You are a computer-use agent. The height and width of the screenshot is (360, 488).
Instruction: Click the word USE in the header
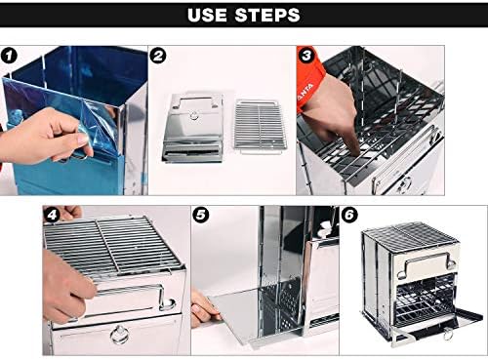[207, 15]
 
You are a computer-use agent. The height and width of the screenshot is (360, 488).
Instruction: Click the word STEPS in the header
[267, 15]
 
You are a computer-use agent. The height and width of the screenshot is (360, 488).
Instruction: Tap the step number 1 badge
[9, 56]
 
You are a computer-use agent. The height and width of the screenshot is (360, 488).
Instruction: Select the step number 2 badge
[158, 56]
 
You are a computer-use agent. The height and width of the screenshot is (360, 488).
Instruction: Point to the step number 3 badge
[306, 56]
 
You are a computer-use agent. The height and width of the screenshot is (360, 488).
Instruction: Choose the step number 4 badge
[52, 215]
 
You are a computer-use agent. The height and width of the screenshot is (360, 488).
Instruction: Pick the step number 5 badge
[201, 215]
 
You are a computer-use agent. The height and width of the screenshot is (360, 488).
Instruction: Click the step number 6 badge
[349, 215]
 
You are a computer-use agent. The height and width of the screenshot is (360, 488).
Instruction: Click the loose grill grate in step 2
[260, 125]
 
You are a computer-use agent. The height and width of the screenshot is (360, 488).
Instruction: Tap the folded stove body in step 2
[194, 128]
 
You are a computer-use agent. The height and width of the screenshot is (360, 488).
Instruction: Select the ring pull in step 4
[120, 334]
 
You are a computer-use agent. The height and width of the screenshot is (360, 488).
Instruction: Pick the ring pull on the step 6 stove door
[448, 334]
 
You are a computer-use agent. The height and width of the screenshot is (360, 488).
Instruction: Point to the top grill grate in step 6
[411, 236]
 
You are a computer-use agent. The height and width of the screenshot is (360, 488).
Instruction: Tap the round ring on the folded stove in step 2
[194, 115]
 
